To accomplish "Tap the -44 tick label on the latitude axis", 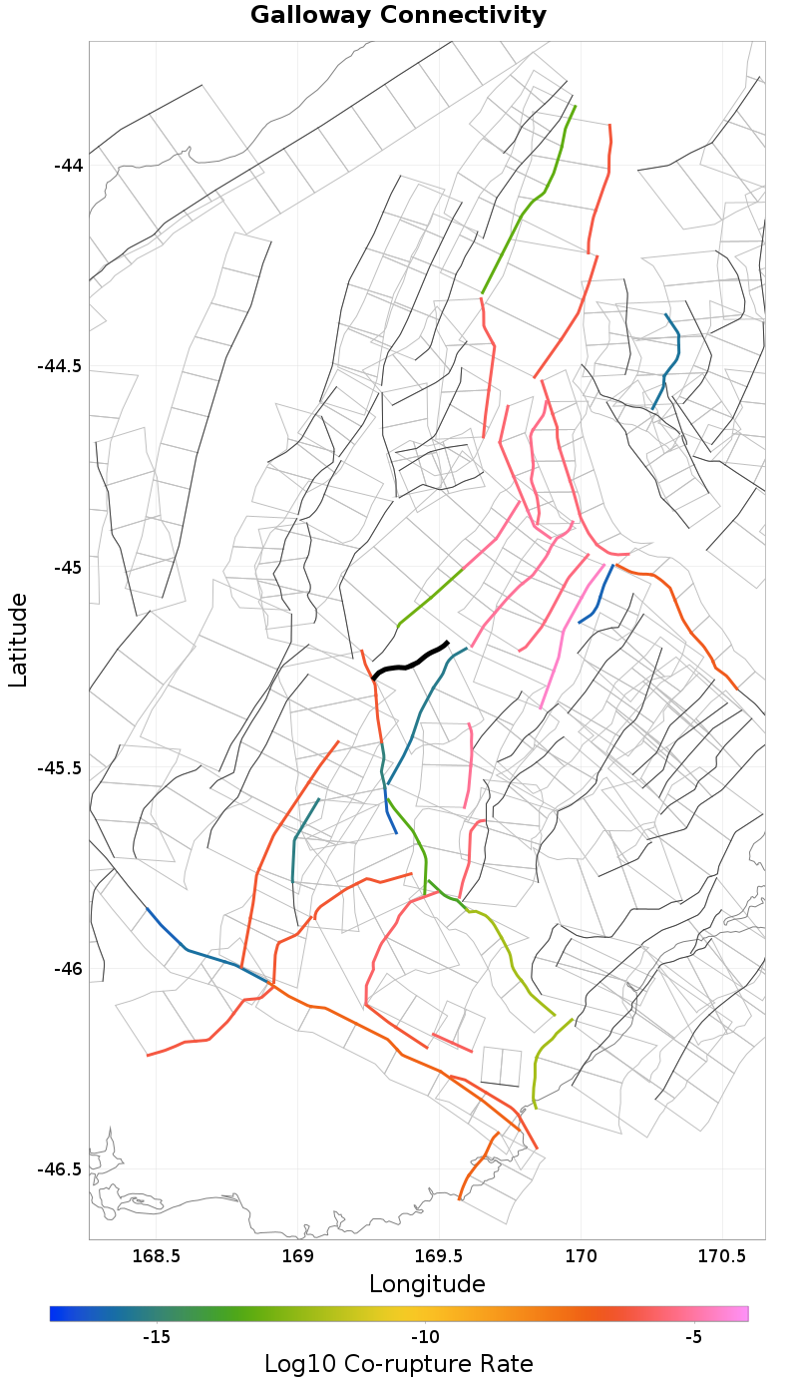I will [69, 165].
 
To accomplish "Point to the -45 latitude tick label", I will [69, 567].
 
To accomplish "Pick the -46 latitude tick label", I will [69, 969].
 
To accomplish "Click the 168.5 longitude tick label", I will [156, 1254].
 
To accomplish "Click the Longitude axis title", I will [427, 1284].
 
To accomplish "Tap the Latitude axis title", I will [18, 640].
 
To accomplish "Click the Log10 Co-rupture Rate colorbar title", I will [399, 1364].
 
